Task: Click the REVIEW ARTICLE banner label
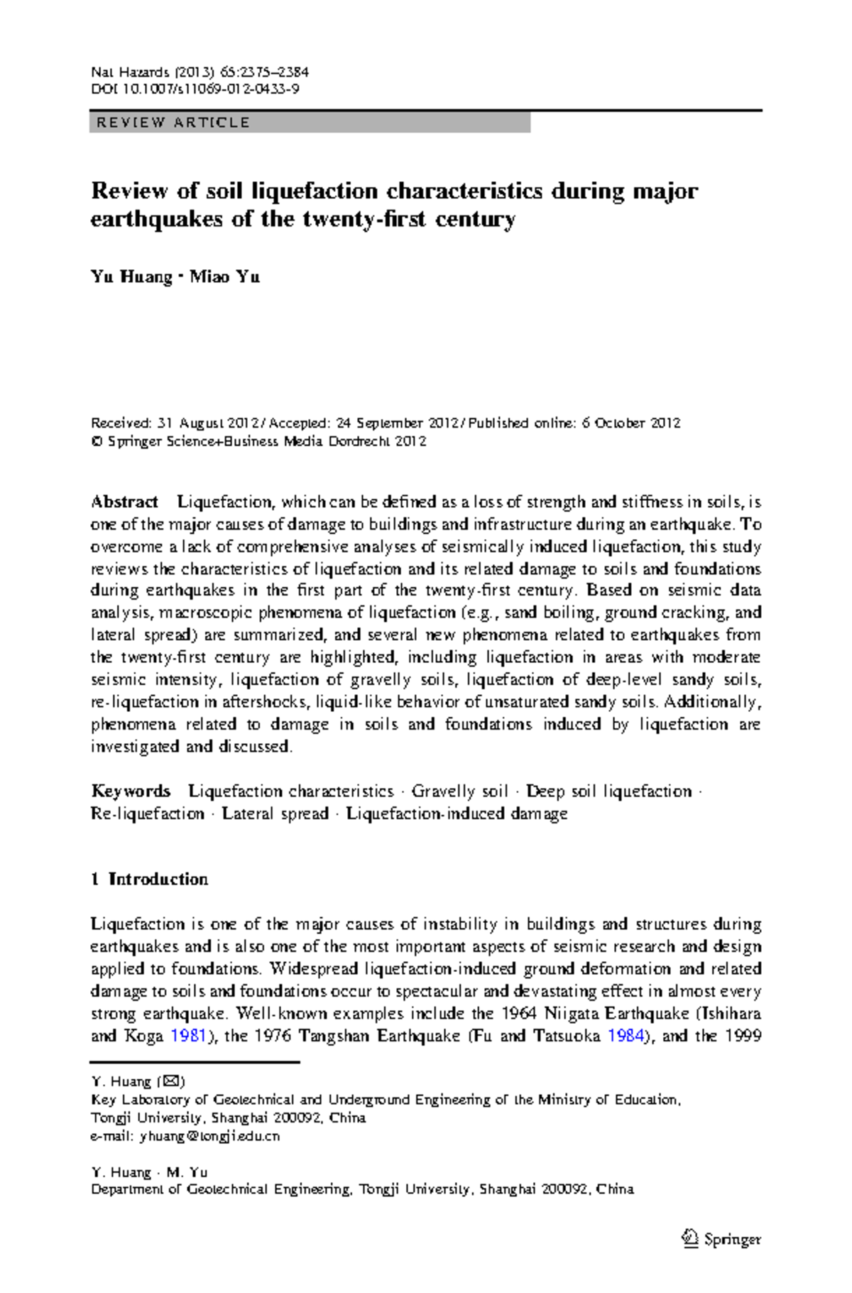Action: click(x=173, y=123)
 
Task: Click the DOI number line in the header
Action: click(x=195, y=90)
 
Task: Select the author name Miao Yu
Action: click(x=224, y=276)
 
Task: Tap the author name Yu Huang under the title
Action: click(x=131, y=276)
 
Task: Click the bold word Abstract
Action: click(x=124, y=502)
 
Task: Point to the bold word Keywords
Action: click(x=131, y=791)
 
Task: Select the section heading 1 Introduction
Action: click(x=149, y=879)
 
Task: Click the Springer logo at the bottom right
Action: click(x=721, y=1239)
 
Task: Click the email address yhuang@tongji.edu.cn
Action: click(x=210, y=1136)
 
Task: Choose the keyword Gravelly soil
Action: click(x=459, y=791)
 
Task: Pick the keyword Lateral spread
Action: click(x=275, y=813)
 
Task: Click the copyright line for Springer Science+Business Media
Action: click(x=259, y=441)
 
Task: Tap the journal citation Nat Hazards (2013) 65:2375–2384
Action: click(x=200, y=72)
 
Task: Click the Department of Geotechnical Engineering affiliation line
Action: click(x=362, y=1189)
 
